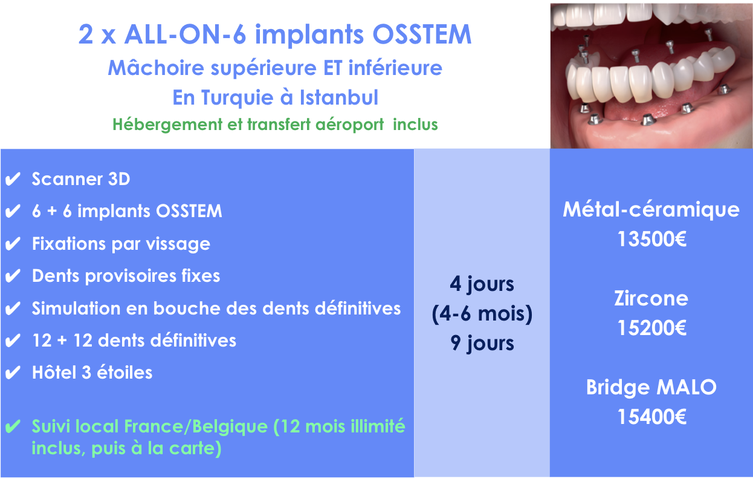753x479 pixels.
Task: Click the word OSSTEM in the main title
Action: tap(422, 34)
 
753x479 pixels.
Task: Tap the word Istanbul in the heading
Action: tap(339, 97)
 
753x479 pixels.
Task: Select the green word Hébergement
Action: tap(167, 125)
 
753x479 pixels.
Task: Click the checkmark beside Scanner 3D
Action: tap(13, 179)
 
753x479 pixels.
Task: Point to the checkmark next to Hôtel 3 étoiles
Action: tap(13, 373)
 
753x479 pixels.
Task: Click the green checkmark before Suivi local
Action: tap(13, 426)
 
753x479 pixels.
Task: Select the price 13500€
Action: tap(652, 239)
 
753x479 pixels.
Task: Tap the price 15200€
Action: tap(652, 328)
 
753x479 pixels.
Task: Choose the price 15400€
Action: tap(652, 417)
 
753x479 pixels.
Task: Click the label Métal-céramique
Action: tap(651, 209)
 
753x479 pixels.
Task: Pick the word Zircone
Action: tap(651, 298)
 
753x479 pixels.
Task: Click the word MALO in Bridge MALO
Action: tap(687, 387)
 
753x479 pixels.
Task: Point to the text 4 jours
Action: tap(482, 284)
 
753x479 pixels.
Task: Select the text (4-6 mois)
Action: tap(482, 314)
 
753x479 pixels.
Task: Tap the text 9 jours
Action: tap(482, 343)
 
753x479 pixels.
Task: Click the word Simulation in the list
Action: tap(76, 308)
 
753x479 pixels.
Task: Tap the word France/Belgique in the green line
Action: tap(196, 426)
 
